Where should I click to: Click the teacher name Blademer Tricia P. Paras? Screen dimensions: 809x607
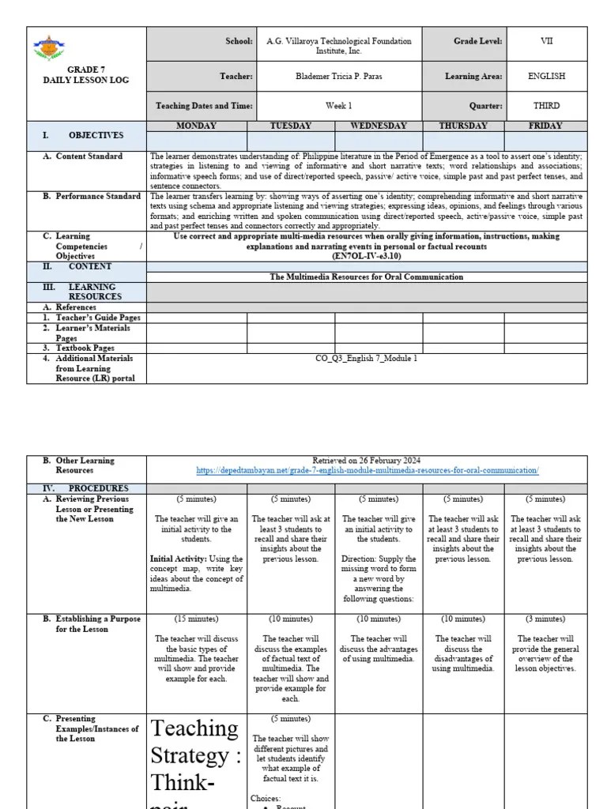[340, 77]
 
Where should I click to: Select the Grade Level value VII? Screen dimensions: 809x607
[547, 41]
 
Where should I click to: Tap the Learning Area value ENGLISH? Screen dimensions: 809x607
[547, 77]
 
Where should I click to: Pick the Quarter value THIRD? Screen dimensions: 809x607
[547, 104]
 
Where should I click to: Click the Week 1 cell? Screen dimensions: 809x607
[340, 104]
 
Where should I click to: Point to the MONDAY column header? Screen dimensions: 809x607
[197, 126]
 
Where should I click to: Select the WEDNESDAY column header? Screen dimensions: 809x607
[379, 126]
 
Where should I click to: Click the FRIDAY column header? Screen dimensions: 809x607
[545, 126]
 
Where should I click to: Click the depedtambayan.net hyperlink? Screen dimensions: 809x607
[367, 471]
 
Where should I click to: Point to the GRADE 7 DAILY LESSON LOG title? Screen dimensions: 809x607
[87, 75]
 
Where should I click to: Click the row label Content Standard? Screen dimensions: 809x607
[89, 156]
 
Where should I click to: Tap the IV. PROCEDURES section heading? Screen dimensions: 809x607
[88, 488]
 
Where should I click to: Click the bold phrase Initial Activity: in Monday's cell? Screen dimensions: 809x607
[174, 559]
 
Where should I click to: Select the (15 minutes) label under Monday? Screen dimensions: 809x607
[197, 619]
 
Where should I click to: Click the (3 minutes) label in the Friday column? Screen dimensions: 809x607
[546, 619]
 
